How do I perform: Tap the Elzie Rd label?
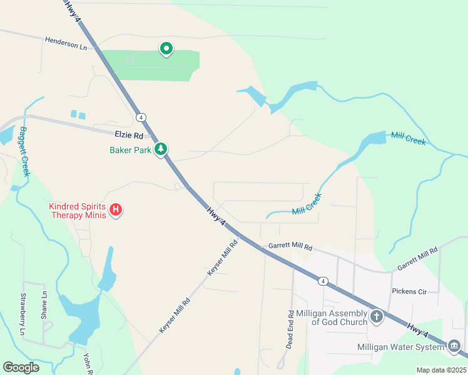pos(129,135)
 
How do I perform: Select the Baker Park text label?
pos(130,150)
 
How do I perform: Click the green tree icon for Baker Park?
pos(162,149)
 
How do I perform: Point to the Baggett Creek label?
pos(24,152)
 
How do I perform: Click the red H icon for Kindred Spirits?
pos(116,210)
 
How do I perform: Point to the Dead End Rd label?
pos(290,329)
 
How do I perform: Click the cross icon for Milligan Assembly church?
pos(377,316)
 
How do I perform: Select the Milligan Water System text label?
pos(401,346)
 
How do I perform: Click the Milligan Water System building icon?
pos(454,346)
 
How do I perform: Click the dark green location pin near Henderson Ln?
pos(166,48)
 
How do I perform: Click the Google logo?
pos(21,367)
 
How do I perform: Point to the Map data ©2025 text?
pos(441,370)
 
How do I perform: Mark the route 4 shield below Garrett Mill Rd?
pos(322,281)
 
